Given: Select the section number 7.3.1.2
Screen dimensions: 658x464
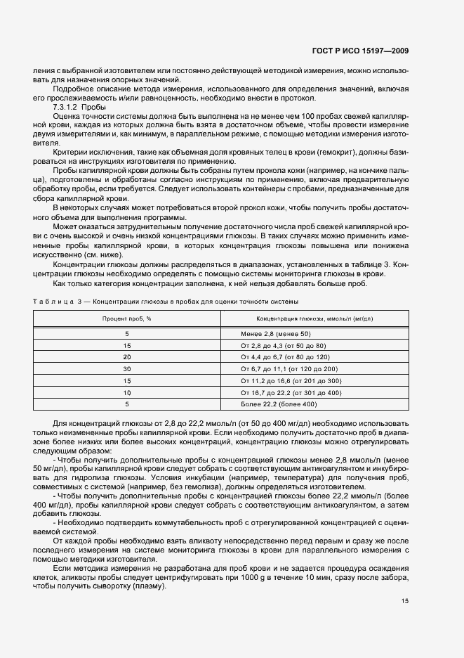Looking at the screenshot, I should pos(66,106).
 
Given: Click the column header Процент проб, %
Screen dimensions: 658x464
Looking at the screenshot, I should pos(126,318).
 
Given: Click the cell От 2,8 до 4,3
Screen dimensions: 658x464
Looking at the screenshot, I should pos(263,345).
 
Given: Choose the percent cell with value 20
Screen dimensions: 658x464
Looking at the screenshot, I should pos(127,357).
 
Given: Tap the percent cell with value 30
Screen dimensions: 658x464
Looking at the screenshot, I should pos(127,368).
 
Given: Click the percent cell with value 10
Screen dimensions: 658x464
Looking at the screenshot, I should pos(127,392).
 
